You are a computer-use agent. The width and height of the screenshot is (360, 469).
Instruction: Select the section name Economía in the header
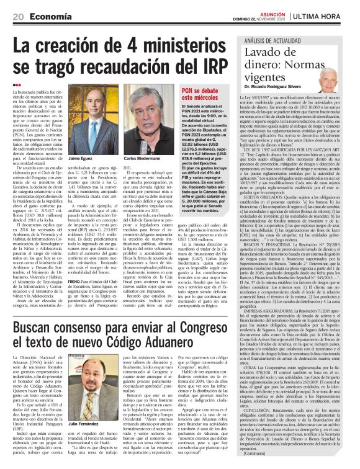(48, 16)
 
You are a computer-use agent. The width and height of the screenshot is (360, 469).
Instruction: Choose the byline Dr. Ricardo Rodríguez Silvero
(281, 87)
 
